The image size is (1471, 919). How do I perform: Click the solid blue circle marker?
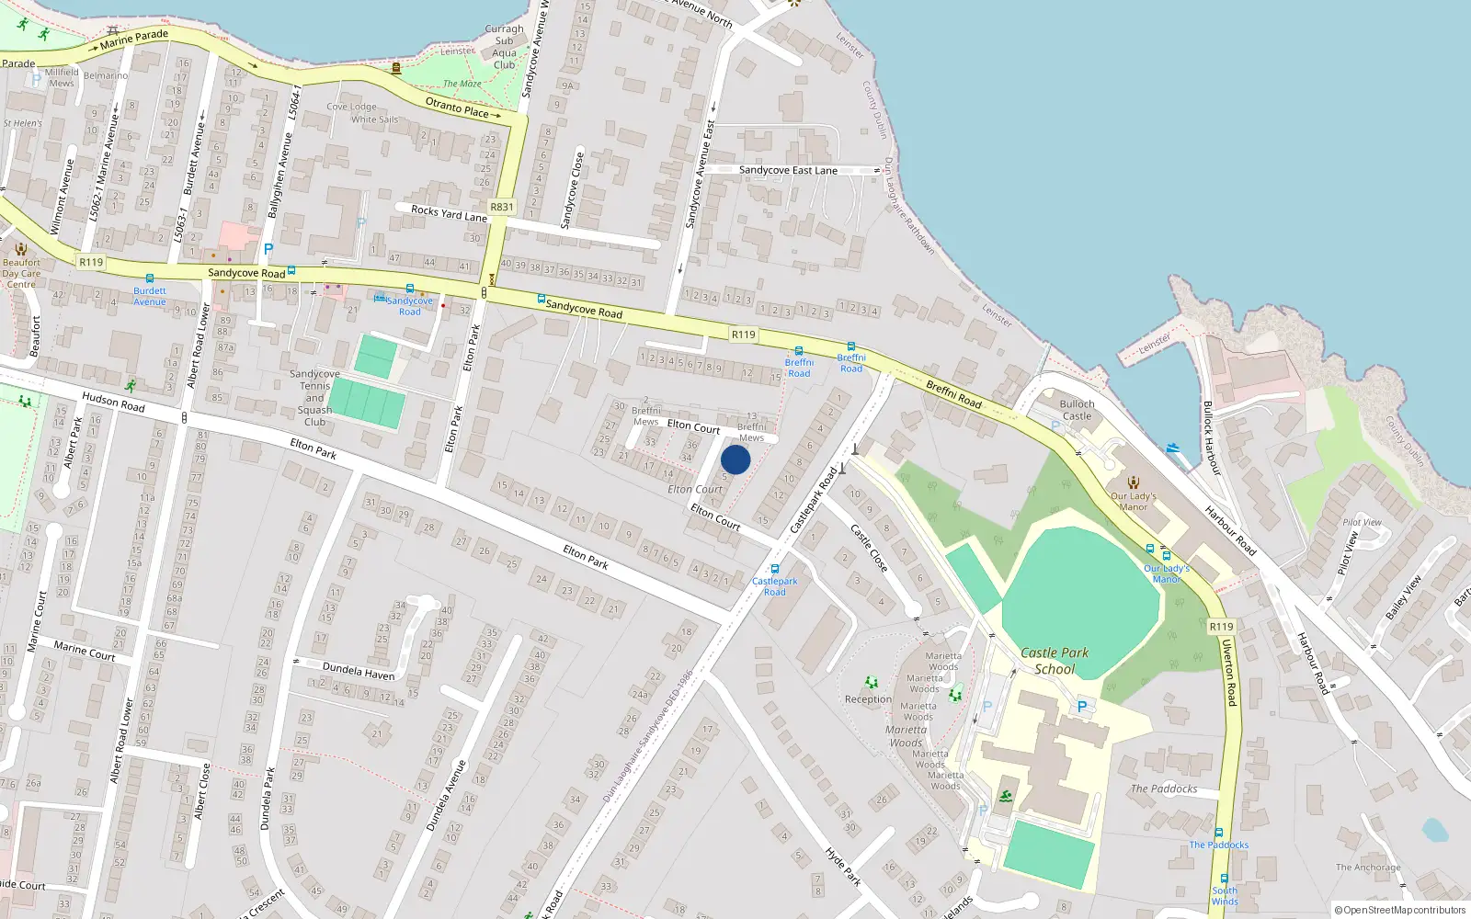(x=735, y=459)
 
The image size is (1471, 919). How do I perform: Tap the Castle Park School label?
(x=1055, y=661)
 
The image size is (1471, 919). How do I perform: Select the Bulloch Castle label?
(x=1077, y=410)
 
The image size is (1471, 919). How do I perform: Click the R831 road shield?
(x=502, y=208)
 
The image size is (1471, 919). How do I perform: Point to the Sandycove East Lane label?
(x=788, y=170)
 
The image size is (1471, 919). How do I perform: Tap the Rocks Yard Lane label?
(x=449, y=213)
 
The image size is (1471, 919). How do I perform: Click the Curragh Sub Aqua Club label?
(x=504, y=47)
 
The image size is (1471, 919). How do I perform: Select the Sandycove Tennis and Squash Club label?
(x=314, y=398)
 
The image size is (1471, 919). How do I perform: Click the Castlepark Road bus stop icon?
(x=775, y=569)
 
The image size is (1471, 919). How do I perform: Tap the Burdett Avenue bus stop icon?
(x=150, y=278)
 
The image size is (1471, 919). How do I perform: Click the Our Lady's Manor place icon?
(x=1134, y=482)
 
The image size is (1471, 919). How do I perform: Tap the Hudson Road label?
(x=113, y=402)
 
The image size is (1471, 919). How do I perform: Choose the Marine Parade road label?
(x=134, y=38)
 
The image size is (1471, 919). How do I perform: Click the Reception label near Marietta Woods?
(x=868, y=699)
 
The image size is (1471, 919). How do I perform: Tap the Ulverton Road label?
(x=1229, y=672)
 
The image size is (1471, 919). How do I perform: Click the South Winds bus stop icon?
(x=1224, y=879)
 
